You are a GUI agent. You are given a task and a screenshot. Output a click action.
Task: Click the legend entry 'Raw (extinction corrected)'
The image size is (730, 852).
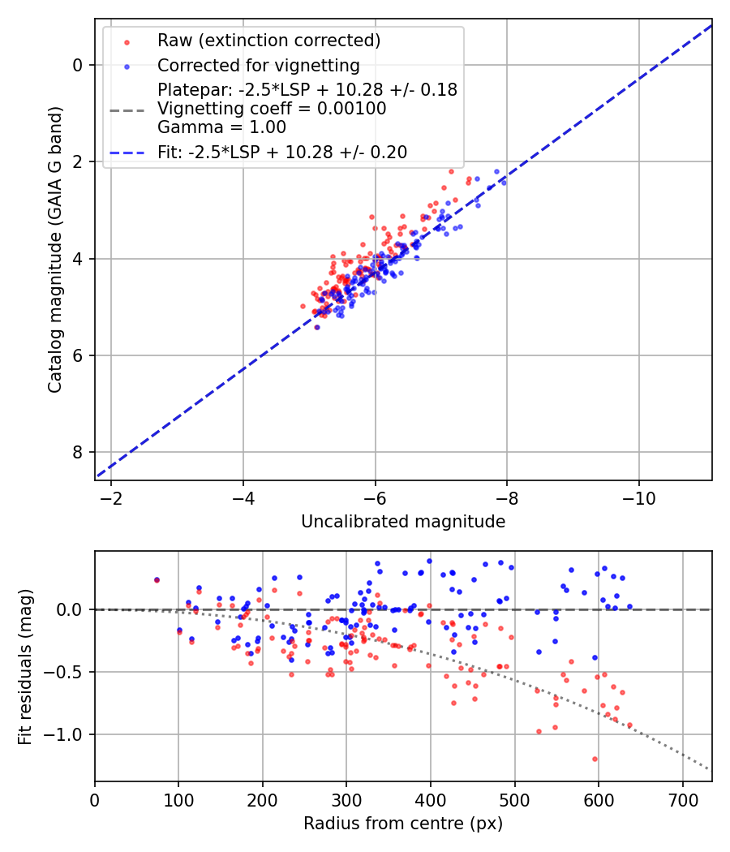(x=268, y=41)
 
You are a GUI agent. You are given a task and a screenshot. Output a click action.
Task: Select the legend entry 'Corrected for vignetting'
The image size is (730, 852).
(x=258, y=66)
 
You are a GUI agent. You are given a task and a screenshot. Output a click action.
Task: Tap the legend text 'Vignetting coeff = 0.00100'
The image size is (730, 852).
(x=272, y=109)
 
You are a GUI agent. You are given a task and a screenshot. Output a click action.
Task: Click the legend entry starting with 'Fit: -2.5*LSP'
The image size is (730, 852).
(x=281, y=152)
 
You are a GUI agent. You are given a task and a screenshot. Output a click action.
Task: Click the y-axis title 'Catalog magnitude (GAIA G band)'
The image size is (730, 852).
(x=55, y=250)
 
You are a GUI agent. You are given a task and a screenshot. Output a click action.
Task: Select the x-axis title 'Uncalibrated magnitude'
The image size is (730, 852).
(x=403, y=522)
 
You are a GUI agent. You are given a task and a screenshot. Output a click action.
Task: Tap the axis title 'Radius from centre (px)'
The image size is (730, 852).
(x=403, y=824)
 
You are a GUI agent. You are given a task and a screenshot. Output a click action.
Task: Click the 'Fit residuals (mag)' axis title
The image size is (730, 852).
(x=25, y=667)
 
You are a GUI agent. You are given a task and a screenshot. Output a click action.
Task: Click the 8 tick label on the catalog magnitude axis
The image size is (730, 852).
(x=77, y=452)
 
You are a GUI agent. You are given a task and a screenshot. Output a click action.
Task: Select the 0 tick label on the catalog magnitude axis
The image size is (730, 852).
(x=77, y=65)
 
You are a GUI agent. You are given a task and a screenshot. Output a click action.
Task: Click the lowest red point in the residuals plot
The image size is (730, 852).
(x=595, y=759)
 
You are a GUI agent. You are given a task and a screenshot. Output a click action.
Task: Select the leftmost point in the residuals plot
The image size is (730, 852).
(x=157, y=580)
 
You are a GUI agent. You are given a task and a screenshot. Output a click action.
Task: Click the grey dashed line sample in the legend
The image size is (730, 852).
(x=127, y=109)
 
